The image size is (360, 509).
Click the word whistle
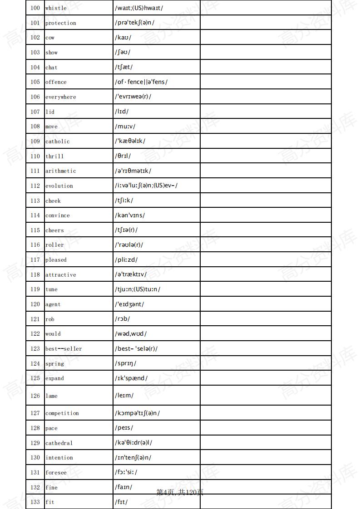pyautogui.click(x=56, y=8)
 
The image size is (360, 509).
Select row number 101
pyautogui.click(x=35, y=23)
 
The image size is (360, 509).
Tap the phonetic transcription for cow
pyautogui.click(x=123, y=38)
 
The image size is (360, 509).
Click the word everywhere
pyautogui.click(x=60, y=97)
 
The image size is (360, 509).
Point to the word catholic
pyautogui.click(x=57, y=142)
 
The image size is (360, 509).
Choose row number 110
pyautogui.click(x=35, y=156)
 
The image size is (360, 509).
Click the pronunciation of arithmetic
pyautogui.click(x=133, y=171)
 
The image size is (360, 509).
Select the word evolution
pyautogui.click(x=59, y=186)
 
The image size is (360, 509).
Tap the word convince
pyautogui.click(x=57, y=215)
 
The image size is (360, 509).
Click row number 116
pyautogui.click(x=35, y=245)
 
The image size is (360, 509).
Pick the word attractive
pyautogui.click(x=60, y=275)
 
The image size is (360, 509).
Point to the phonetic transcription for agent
pyautogui.click(x=129, y=304)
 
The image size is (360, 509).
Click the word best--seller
pyautogui.click(x=64, y=349)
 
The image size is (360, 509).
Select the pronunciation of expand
pyautogui.click(x=131, y=378)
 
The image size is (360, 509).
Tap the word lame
pyautogui.click(x=51, y=396)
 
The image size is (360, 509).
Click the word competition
pyautogui.click(x=62, y=413)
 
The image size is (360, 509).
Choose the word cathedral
pyautogui.click(x=59, y=443)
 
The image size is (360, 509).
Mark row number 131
pyautogui.click(x=35, y=473)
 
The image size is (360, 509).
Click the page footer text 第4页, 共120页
pyautogui.click(x=180, y=492)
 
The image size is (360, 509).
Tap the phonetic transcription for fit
pyautogui.click(x=121, y=502)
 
